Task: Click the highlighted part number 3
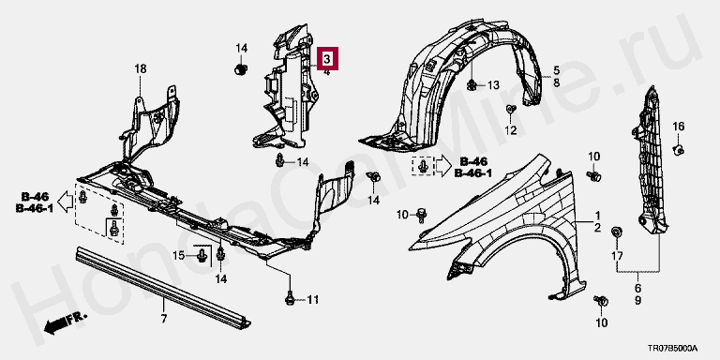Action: [326, 58]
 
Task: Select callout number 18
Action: [141, 68]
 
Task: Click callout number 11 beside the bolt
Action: [312, 300]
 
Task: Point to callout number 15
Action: [179, 255]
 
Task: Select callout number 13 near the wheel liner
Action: [493, 85]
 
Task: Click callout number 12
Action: [511, 131]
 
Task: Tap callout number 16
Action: [679, 127]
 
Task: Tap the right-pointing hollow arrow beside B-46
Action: [443, 167]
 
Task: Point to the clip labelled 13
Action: [472, 84]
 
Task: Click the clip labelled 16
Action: [679, 149]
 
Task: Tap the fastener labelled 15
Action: [202, 255]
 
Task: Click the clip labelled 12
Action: [511, 110]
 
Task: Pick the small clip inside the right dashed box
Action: [424, 166]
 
